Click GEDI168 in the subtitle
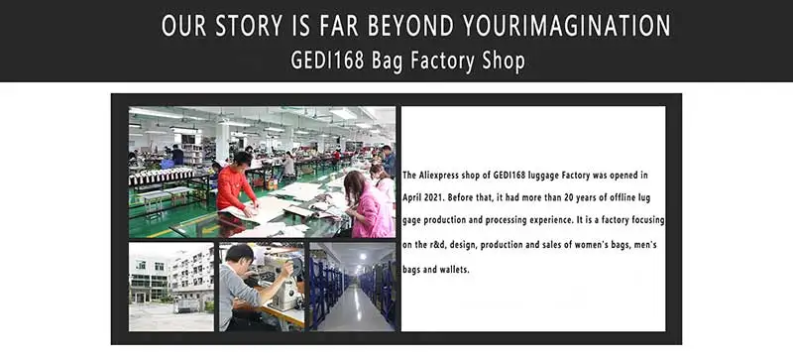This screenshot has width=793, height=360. (x=327, y=60)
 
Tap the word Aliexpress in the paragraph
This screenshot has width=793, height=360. (x=439, y=176)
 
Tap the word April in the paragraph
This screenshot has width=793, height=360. (x=412, y=198)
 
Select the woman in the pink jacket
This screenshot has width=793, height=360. (x=368, y=205)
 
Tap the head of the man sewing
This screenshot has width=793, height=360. (x=239, y=256)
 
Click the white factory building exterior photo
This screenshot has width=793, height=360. (x=170, y=287)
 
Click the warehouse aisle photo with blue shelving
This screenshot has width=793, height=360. (x=353, y=287)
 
